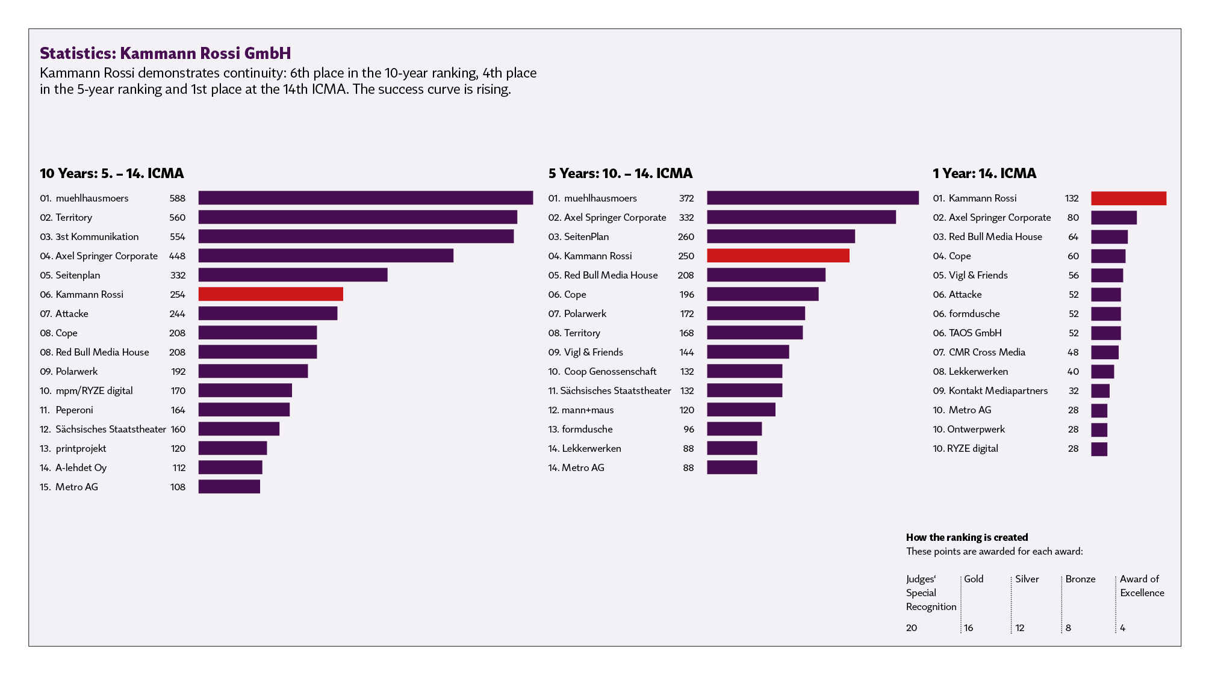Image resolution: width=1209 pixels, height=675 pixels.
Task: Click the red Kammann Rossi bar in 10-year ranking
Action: coord(270,294)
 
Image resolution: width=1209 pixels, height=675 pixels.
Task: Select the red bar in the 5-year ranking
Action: coord(778,256)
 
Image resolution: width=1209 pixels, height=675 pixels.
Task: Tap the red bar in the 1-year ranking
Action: coord(1128,199)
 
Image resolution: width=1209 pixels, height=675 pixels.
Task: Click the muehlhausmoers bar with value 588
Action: coord(365,198)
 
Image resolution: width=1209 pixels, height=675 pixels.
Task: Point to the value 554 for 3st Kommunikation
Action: coord(177,237)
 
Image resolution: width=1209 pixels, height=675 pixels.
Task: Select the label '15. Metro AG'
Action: coord(69,487)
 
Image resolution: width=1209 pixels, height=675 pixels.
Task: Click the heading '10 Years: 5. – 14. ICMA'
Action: coord(111,174)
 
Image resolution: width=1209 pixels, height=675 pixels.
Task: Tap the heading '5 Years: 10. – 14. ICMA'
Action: coord(620,174)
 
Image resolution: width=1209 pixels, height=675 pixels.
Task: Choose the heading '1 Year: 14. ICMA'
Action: coord(984,174)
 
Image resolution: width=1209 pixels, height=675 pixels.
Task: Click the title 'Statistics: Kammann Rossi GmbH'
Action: coord(165,54)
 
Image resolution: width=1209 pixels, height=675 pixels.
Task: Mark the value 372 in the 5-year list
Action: coord(686,199)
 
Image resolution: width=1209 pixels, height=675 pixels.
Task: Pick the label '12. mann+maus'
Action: coord(581,410)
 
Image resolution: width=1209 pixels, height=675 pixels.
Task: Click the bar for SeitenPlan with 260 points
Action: coord(780,236)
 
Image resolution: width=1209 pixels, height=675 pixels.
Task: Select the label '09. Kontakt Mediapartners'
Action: coord(990,391)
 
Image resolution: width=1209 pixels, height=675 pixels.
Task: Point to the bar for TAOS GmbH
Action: coord(1105,333)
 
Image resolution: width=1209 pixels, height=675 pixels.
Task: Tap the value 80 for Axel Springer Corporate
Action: coord(1073,218)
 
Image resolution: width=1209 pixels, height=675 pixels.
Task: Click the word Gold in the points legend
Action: coord(974,579)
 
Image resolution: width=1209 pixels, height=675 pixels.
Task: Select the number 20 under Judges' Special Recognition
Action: coord(912,628)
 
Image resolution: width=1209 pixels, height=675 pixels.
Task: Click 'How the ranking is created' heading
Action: coord(967,537)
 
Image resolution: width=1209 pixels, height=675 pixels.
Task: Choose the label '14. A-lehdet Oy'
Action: coord(73,468)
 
